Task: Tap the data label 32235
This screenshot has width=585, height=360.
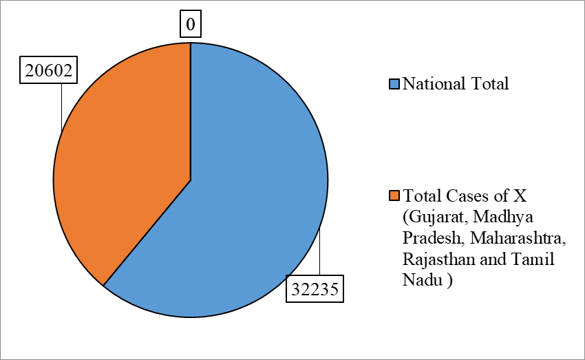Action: (315, 288)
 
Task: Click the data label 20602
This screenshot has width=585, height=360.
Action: (48, 70)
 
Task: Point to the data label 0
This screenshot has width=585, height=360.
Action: (191, 24)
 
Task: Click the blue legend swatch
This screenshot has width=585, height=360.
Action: (394, 84)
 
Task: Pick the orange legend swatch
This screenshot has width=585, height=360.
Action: (394, 195)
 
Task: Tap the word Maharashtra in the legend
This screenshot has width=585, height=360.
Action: (518, 237)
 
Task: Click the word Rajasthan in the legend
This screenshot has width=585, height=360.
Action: (439, 259)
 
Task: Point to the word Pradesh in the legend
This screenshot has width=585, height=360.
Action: (434, 237)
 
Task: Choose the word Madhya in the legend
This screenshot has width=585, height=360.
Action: (503, 218)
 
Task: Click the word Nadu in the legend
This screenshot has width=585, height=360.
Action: (423, 279)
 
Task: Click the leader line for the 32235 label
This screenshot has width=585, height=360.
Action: (319, 252)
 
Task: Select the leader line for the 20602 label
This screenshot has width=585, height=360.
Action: (61, 107)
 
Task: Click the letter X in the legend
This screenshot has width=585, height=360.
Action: (520, 195)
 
